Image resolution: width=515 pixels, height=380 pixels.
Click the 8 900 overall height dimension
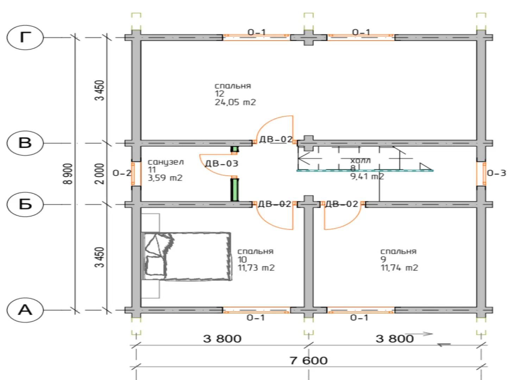click(68, 174)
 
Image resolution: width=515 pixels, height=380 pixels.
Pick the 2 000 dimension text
click(100, 174)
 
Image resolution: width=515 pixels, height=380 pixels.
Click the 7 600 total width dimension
click(308, 361)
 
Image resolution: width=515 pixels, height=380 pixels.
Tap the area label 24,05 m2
click(235, 102)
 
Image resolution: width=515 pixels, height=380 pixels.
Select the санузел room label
click(166, 162)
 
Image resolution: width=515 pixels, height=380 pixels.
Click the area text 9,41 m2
click(367, 176)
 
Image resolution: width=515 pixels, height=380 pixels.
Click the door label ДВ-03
click(221, 164)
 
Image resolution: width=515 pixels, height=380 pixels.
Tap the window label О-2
click(122, 173)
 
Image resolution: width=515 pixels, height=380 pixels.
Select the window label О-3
click(496, 173)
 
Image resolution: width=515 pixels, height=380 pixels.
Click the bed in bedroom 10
click(187, 256)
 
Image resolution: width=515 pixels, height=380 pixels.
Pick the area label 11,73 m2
click(256, 268)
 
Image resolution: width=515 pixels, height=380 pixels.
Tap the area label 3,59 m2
click(165, 178)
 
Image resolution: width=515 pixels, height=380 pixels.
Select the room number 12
click(219, 94)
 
